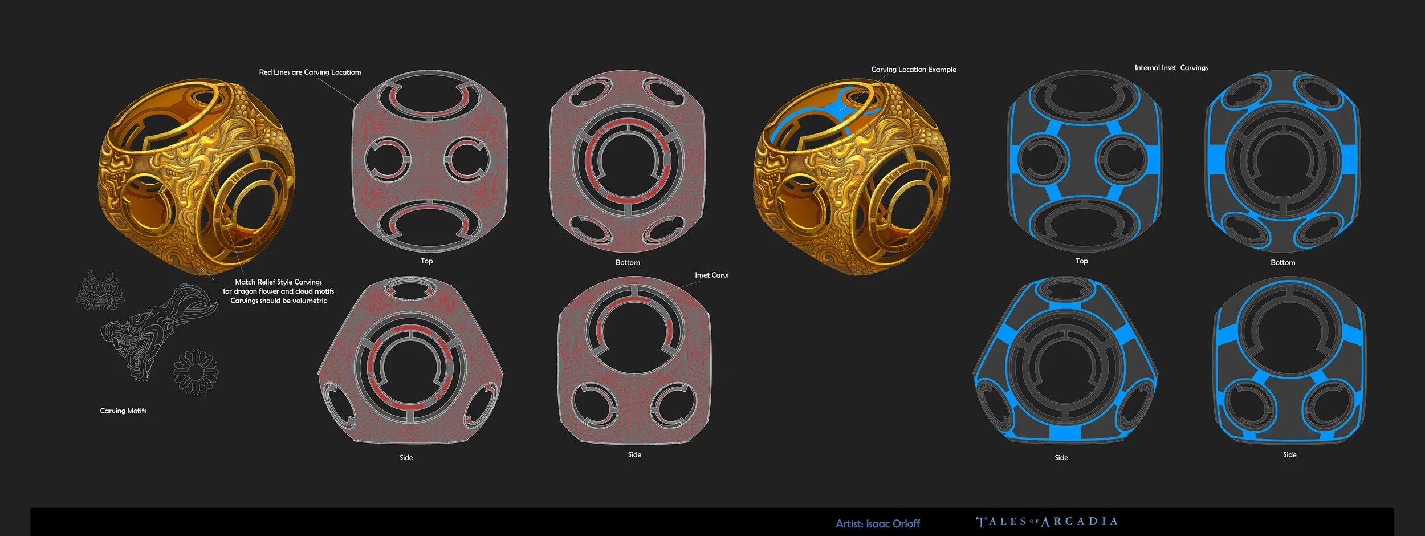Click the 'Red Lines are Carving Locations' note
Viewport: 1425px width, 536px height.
coord(310,72)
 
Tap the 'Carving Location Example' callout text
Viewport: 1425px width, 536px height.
coord(914,70)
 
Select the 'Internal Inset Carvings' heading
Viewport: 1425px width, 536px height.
coord(1171,68)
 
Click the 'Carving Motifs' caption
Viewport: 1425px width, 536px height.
coord(123,411)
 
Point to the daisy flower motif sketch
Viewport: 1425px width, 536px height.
coord(196,372)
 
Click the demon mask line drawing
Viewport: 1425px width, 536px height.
coord(101,291)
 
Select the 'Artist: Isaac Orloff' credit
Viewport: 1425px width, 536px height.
coord(878,523)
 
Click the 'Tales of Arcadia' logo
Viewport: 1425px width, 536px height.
coord(1047,522)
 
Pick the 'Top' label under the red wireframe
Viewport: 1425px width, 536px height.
coord(427,261)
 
